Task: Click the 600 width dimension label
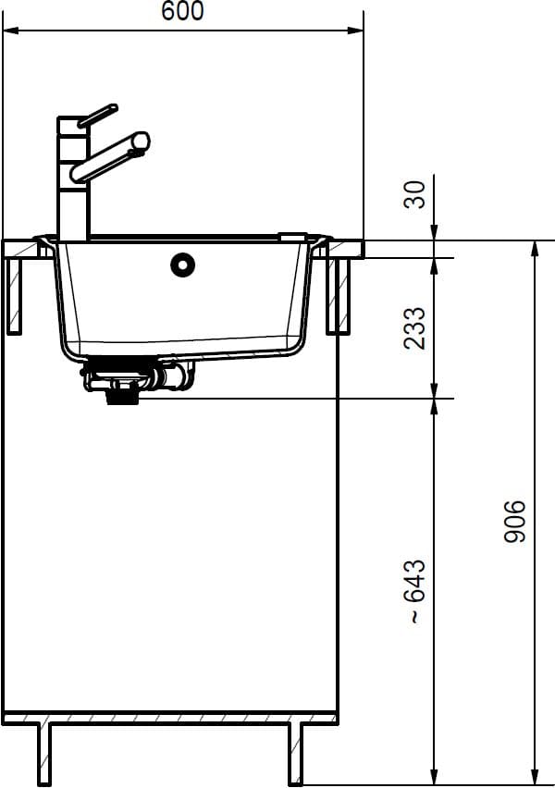(x=183, y=11)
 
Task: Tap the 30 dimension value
(x=415, y=194)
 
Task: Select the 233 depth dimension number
(x=415, y=327)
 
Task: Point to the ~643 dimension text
(x=415, y=591)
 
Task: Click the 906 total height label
(x=515, y=521)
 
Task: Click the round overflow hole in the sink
(x=182, y=264)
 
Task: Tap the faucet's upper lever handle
(x=97, y=116)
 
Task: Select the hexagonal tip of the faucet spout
(x=141, y=142)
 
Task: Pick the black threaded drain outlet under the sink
(x=122, y=393)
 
